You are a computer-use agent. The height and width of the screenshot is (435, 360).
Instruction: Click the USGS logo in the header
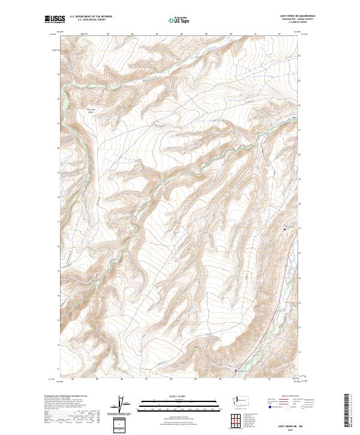(x=54, y=20)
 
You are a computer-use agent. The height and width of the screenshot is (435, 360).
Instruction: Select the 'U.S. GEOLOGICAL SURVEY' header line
(x=88, y=20)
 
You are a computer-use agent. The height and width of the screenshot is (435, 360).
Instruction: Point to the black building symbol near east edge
(x=285, y=229)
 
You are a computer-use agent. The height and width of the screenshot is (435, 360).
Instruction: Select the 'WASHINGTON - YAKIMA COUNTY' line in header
(x=297, y=19)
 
